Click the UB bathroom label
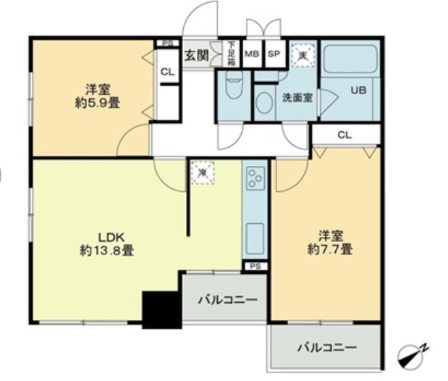tap(358, 91)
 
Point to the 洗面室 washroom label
tap(297, 98)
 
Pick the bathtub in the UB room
tap(350, 60)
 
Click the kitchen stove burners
tap(254, 178)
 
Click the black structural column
tap(161, 309)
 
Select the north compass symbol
tap(413, 356)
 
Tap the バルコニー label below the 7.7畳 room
tap(326, 348)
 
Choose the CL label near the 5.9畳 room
tap(167, 72)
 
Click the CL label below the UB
tap(345, 134)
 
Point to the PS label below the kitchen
tap(254, 267)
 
